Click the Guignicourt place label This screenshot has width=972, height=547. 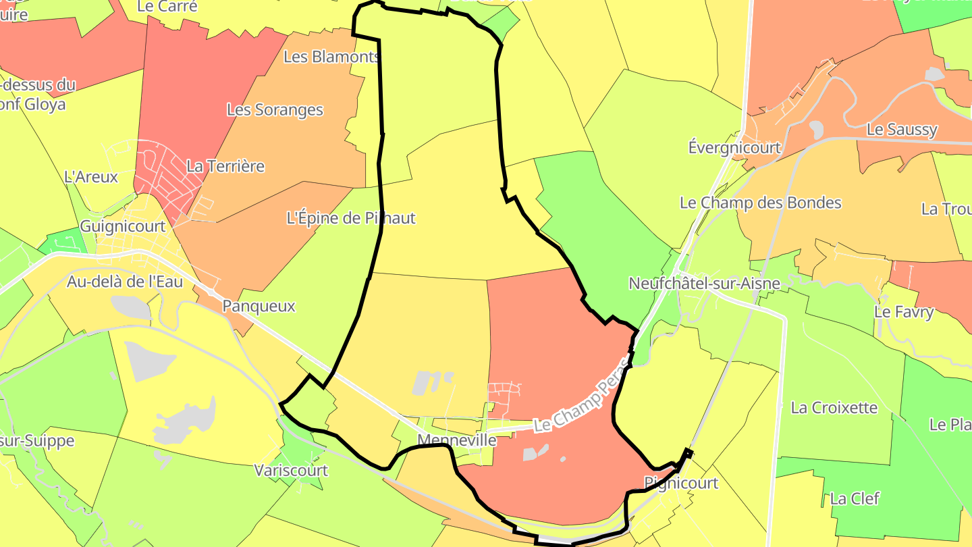pos(123,226)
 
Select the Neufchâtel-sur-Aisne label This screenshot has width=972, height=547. pos(704,284)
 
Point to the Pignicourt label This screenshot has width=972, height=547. pos(681,483)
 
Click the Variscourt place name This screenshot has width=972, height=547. pos(291,470)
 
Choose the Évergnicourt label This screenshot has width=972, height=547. pos(734,147)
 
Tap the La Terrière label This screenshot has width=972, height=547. pos(225,166)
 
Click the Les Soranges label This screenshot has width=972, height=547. pos(275,110)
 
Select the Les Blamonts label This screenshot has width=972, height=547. pos(331,57)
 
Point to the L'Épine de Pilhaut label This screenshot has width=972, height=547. pos(351,218)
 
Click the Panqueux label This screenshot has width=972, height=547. pos(259,306)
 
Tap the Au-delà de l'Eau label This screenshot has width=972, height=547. pos(125,282)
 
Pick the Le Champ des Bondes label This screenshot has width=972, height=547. pos(761,203)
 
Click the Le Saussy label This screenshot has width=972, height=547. pos(902,130)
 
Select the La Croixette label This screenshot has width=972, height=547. pos(834,408)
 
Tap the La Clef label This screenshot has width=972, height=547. pos(855,499)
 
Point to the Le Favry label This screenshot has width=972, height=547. pos(904,312)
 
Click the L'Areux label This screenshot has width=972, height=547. pos(91,177)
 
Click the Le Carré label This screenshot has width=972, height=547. pos(167,7)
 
